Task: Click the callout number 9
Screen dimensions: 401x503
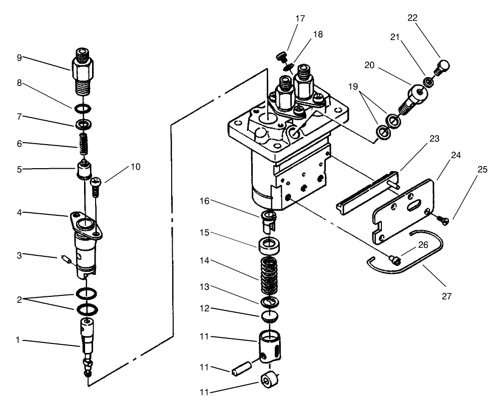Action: tap(19, 58)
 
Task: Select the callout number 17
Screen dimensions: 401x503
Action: tap(300, 19)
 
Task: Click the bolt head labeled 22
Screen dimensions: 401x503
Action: tap(443, 66)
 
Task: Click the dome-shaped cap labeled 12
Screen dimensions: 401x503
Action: tap(270, 315)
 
